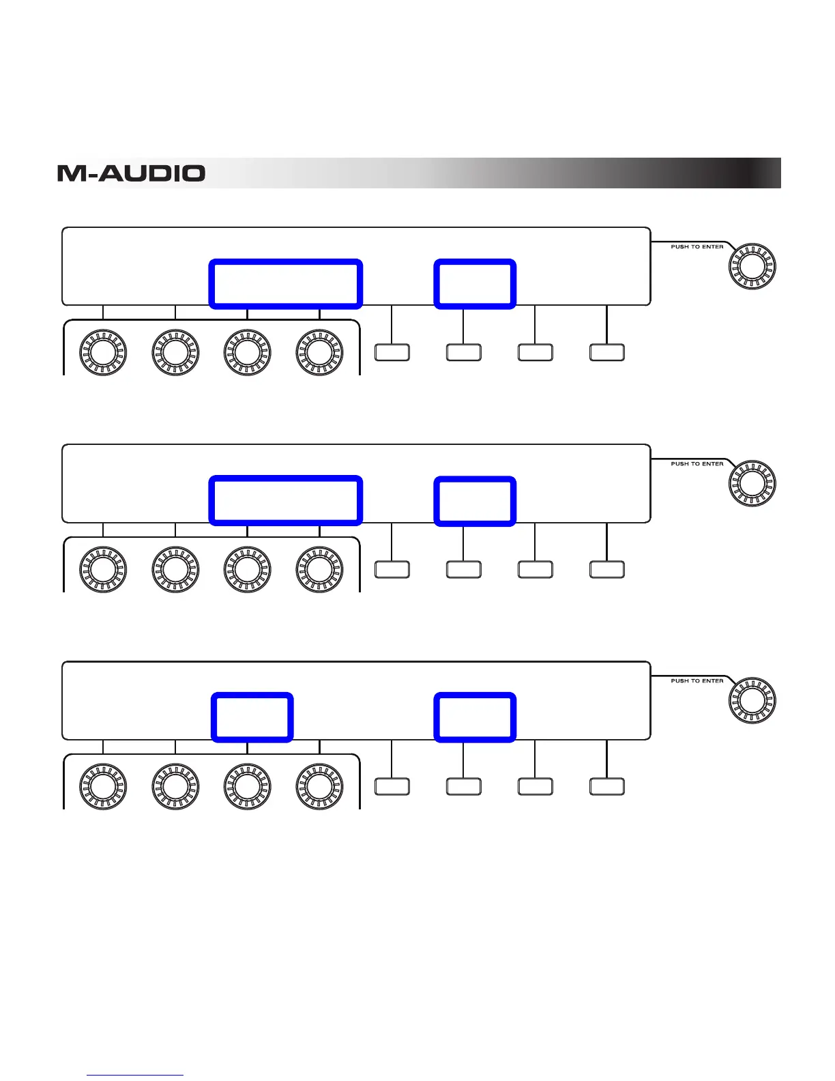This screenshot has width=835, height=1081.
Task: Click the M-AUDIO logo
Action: [x=131, y=173]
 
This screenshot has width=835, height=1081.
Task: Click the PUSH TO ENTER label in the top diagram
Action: [x=697, y=247]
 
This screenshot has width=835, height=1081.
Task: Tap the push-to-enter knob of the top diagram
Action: [x=752, y=266]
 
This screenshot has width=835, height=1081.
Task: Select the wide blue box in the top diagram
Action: [x=285, y=284]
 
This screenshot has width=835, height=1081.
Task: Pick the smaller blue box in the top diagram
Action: [x=475, y=284]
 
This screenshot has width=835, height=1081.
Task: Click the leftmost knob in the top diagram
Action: [x=103, y=352]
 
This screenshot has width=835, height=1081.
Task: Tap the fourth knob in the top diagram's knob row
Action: [x=319, y=352]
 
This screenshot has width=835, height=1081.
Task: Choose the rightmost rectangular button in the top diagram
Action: [x=606, y=352]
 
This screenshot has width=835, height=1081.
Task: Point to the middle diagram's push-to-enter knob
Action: [x=752, y=483]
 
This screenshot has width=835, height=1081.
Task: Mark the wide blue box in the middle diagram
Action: [x=285, y=501]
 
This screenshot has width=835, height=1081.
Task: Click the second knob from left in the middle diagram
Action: [x=175, y=569]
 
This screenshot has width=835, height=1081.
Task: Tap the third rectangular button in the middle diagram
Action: [x=535, y=569]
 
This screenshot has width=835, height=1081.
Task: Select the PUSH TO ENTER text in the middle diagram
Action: [x=697, y=464]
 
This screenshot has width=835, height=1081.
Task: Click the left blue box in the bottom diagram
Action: [x=252, y=717]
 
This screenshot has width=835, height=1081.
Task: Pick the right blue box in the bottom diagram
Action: [x=475, y=717]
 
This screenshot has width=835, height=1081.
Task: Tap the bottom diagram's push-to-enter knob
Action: [x=752, y=700]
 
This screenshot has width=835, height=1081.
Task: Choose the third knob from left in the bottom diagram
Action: [x=247, y=786]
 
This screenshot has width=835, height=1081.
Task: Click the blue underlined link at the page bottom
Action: [x=135, y=1074]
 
